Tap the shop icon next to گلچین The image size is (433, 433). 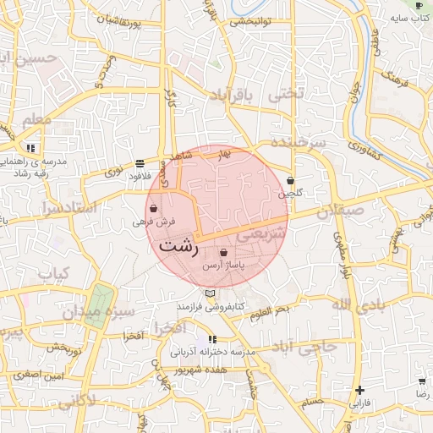click(291, 180)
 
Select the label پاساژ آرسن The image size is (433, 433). click(223, 266)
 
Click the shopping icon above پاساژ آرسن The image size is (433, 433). click(223, 253)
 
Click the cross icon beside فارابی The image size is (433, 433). click(360, 391)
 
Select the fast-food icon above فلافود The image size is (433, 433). click(140, 163)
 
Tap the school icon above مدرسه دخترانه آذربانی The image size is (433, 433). click(211, 339)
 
